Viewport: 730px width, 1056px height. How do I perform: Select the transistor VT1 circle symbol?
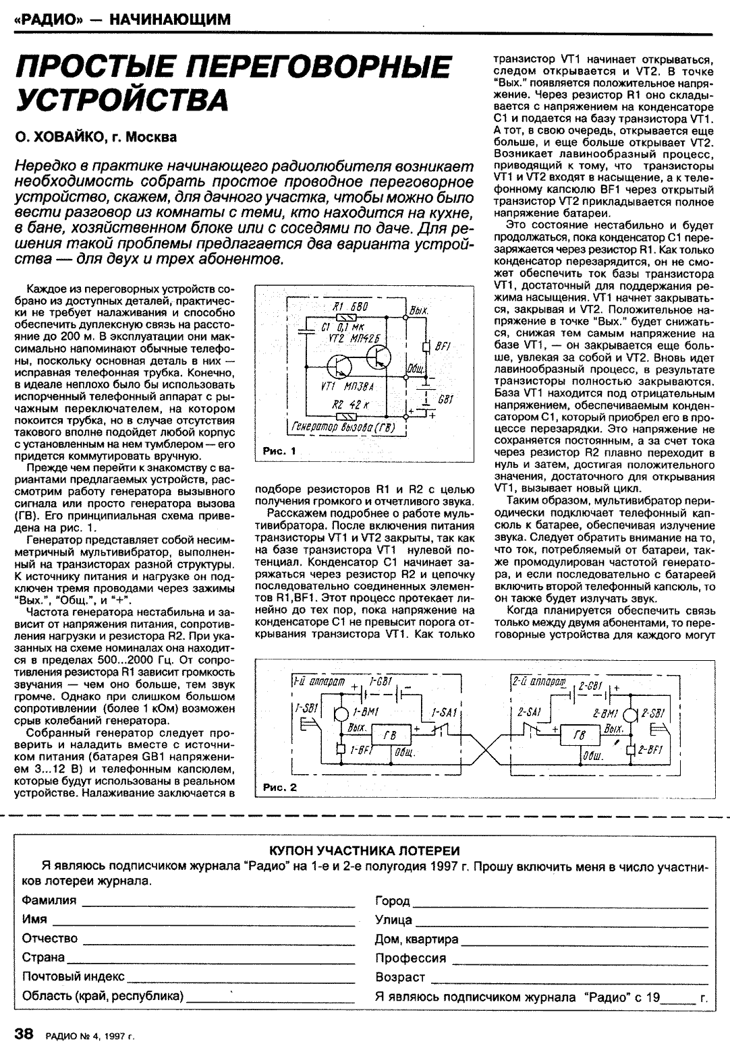click(x=339, y=368)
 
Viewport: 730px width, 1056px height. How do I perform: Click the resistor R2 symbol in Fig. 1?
click(x=349, y=415)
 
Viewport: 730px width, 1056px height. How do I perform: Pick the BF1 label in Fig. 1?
click(x=442, y=346)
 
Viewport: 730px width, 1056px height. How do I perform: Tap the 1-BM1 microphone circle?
click(x=343, y=713)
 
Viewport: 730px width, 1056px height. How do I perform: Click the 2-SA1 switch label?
click(x=528, y=712)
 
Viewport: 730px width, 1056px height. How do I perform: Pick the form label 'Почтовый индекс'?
click(x=73, y=976)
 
